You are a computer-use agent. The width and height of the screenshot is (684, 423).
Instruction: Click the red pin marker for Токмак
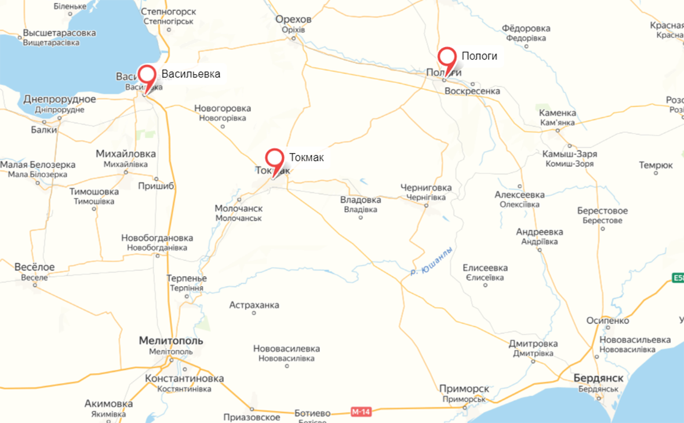(274, 158)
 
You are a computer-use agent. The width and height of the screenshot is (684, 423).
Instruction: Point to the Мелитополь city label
(171, 341)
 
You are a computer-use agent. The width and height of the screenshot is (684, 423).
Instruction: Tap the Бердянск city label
(598, 378)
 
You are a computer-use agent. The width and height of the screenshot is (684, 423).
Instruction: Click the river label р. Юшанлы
(431, 260)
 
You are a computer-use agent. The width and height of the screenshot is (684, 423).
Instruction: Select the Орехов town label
(294, 20)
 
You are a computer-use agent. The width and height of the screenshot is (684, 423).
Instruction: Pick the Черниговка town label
(425, 188)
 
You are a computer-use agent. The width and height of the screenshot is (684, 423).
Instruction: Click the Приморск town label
(464, 389)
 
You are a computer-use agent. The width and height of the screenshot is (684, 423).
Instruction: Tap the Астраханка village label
(254, 305)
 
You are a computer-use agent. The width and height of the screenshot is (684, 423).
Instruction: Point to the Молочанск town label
(239, 208)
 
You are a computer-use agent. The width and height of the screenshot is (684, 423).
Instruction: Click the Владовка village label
(361, 200)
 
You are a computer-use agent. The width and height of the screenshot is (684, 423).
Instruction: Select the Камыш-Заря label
(569, 154)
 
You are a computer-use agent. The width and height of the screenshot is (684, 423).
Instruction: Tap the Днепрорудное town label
(60, 99)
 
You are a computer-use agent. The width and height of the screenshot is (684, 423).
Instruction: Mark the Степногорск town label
(169, 12)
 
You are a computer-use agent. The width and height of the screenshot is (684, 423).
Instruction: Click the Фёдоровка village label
(526, 28)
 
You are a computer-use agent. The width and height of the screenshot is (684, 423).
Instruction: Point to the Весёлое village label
(35, 267)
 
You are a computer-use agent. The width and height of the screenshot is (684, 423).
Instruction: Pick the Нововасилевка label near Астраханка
(286, 349)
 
